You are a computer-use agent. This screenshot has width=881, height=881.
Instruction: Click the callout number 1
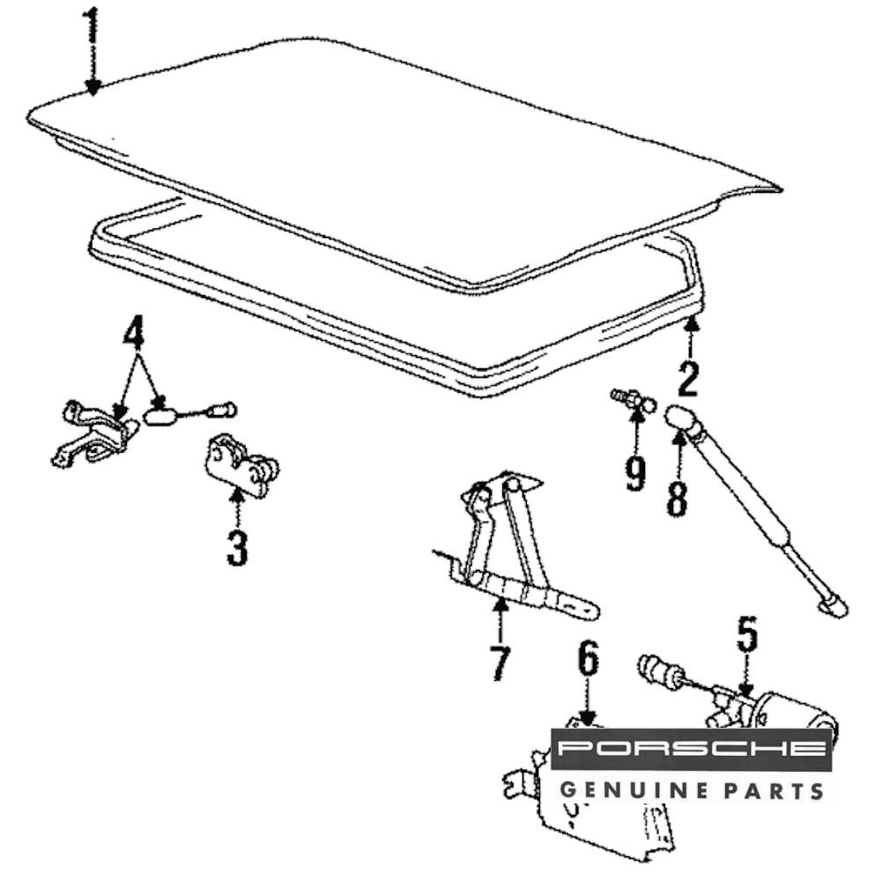coord(91,29)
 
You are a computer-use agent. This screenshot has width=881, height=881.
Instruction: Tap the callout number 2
coord(688,379)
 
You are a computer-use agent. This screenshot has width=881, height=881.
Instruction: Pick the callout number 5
coord(747,635)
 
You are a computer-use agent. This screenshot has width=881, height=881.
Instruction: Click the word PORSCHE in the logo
coord(691,748)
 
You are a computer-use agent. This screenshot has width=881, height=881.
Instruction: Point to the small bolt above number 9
coord(633,400)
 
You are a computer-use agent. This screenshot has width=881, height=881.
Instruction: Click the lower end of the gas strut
coord(833,606)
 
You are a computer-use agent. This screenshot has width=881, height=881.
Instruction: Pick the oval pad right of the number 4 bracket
coord(160,417)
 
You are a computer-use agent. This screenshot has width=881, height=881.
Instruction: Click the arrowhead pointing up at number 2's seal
coord(692,322)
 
